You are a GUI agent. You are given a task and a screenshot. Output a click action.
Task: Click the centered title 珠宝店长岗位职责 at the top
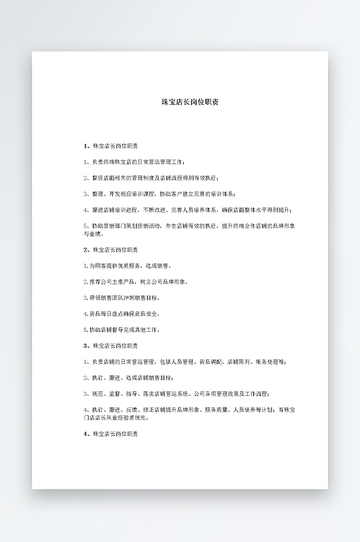click(190, 102)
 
